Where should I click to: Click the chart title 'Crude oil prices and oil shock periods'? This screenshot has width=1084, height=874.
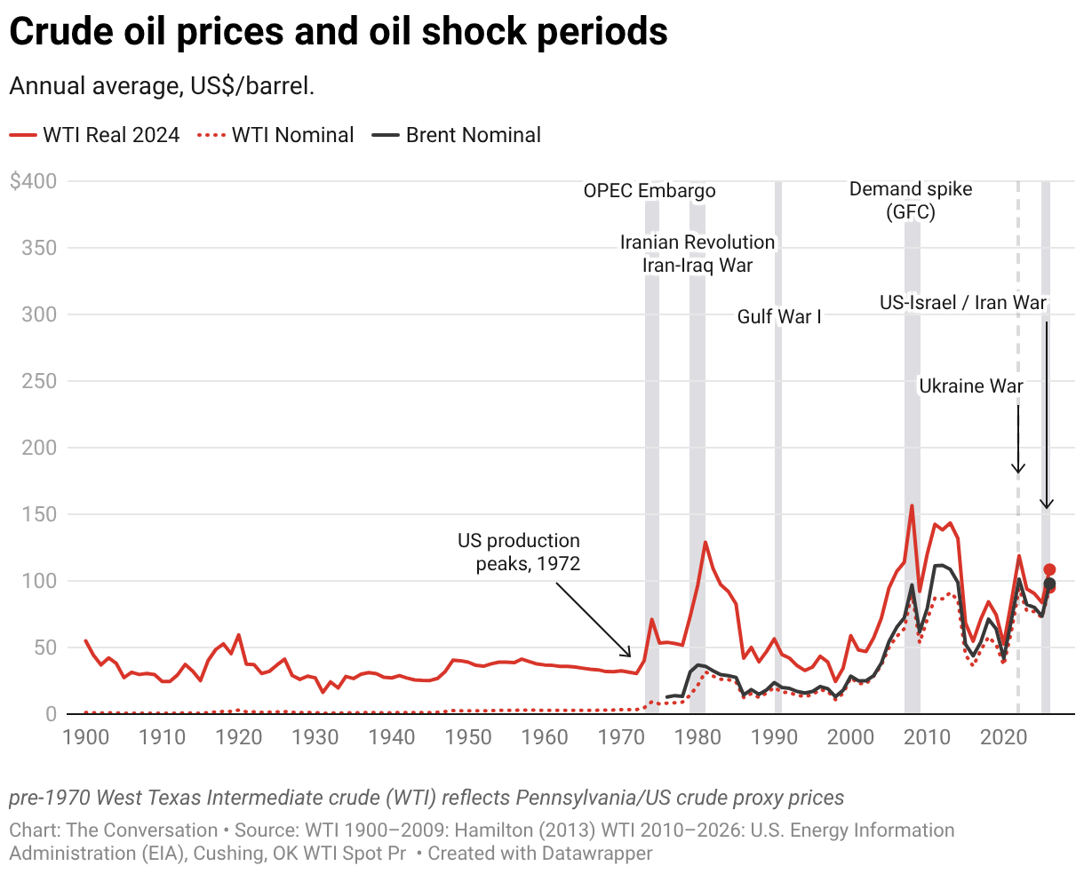[339, 32]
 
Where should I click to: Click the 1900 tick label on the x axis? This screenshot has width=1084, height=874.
[86, 737]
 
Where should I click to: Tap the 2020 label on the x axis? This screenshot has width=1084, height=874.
[1004, 737]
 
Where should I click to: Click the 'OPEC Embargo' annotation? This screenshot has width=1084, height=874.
[650, 191]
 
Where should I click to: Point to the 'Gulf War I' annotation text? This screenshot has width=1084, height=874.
[779, 317]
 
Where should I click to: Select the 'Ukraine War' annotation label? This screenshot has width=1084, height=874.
[971, 386]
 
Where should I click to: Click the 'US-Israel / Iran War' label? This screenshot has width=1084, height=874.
[963, 303]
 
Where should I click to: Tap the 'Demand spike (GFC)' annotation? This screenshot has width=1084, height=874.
[911, 201]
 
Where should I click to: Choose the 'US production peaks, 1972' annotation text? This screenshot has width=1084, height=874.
[519, 552]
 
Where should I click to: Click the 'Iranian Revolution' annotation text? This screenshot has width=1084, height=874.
[697, 242]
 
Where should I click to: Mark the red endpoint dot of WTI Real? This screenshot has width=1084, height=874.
[1049, 570]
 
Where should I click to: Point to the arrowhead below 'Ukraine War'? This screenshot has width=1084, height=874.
[1018, 468]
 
